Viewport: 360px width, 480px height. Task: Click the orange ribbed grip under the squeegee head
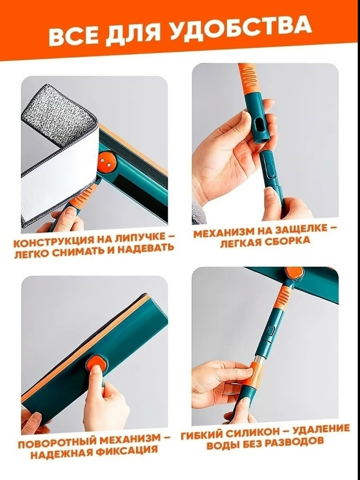(x=282, y=297)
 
